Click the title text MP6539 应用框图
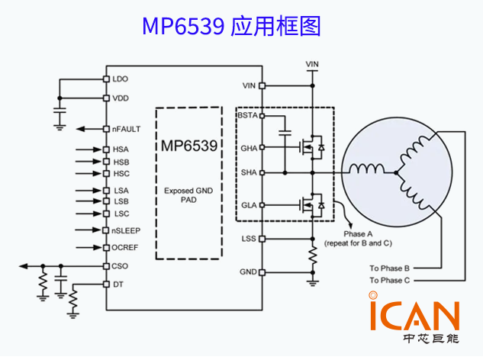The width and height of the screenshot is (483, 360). [x=230, y=26]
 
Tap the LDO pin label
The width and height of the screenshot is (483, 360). [x=121, y=79]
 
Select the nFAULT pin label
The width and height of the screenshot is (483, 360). [x=126, y=129]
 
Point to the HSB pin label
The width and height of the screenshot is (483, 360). [x=121, y=162]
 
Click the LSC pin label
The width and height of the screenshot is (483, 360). [x=121, y=214]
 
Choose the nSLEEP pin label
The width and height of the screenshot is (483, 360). [x=126, y=230]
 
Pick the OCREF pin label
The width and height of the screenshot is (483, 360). [x=125, y=248]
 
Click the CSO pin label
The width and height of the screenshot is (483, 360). [x=121, y=266]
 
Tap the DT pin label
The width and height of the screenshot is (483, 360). [x=118, y=284]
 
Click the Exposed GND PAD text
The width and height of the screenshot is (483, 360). [x=188, y=194]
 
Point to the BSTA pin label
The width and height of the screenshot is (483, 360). [x=247, y=116]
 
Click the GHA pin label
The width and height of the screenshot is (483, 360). [x=248, y=146]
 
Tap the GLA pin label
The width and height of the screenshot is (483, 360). [x=248, y=205]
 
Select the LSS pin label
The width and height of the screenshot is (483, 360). [x=248, y=239]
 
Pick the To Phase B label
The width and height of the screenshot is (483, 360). [x=390, y=268]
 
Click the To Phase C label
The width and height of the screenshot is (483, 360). [x=390, y=281]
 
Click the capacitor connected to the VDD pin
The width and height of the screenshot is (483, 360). [x=59, y=114]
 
